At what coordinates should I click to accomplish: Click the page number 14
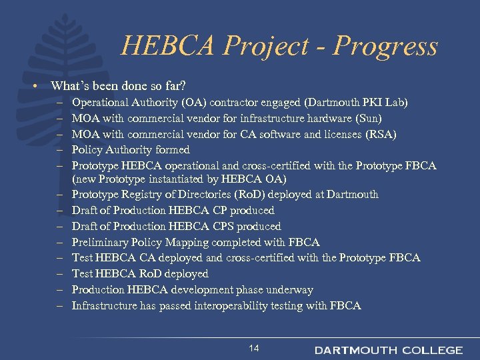[254, 348]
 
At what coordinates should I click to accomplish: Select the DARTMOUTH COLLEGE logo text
[389, 350]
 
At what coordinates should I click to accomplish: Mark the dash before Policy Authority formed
[59, 150]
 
